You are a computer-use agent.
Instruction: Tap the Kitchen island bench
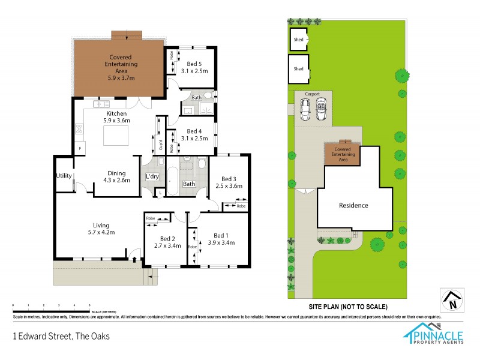(116, 137)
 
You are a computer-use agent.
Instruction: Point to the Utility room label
(64, 175)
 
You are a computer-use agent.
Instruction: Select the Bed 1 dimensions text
(221, 243)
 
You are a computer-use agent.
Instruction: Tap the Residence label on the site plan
(353, 205)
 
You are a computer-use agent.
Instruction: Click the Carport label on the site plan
(313, 94)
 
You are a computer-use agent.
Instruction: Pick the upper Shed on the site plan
(298, 40)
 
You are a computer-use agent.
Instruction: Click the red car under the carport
(320, 110)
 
